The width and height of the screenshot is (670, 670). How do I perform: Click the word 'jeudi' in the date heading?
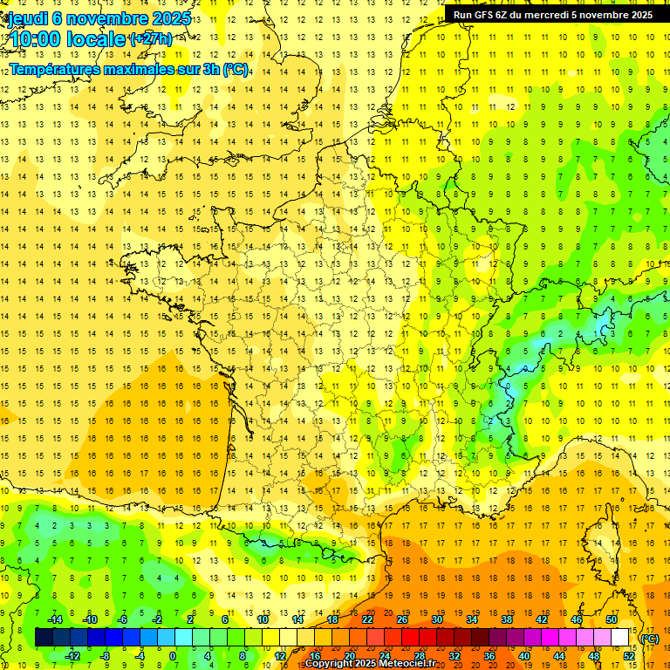click(x=28, y=18)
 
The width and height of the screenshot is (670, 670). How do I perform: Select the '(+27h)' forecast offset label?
click(x=150, y=39)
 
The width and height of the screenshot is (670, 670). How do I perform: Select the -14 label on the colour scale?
click(x=55, y=619)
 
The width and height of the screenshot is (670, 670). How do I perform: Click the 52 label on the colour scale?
click(x=629, y=656)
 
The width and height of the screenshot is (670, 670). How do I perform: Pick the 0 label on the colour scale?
click(x=173, y=656)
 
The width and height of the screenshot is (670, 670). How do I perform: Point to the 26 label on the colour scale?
click(x=402, y=619)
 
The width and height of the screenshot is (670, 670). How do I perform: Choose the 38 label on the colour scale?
click(x=507, y=619)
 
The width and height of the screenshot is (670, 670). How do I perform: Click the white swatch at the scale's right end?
click(x=620, y=638)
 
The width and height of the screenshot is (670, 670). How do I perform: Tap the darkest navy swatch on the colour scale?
click(x=44, y=638)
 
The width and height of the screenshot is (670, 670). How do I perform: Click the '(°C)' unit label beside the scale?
click(x=650, y=639)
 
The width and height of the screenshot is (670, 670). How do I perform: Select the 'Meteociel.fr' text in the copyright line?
click(x=414, y=664)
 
